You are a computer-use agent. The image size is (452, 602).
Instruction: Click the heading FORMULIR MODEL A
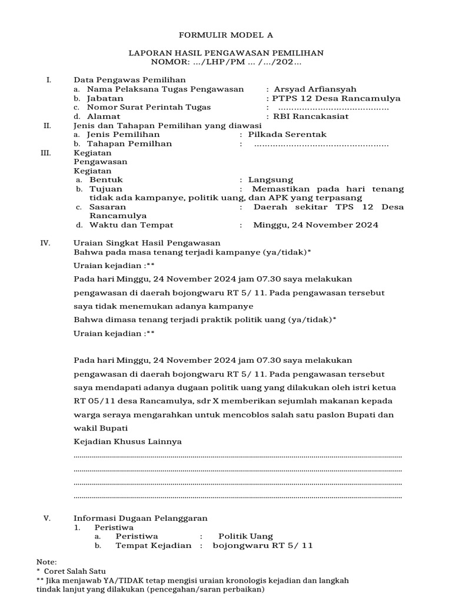pos(226,35)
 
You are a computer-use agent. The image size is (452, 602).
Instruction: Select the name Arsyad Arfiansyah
pos(315,89)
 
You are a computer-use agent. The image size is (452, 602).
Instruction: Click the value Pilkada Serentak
pos(287,134)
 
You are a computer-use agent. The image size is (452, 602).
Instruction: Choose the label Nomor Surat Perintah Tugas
pos(148,107)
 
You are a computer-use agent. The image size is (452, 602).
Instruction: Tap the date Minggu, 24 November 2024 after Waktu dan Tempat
pos(315,225)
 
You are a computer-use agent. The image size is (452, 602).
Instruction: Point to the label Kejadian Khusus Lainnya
pos(128,441)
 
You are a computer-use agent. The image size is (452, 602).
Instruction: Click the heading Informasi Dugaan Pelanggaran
pos(140,518)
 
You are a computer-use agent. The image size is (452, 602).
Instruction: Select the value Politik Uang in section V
pos(245,536)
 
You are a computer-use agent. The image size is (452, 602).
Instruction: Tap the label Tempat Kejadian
pos(153,545)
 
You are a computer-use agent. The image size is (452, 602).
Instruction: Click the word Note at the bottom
pos(46,562)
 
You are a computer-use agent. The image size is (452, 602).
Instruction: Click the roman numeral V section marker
pos(48,518)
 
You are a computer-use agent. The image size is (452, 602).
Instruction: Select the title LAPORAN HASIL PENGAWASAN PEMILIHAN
pos(226,53)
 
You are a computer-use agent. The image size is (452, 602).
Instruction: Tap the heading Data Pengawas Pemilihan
pos(129,80)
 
